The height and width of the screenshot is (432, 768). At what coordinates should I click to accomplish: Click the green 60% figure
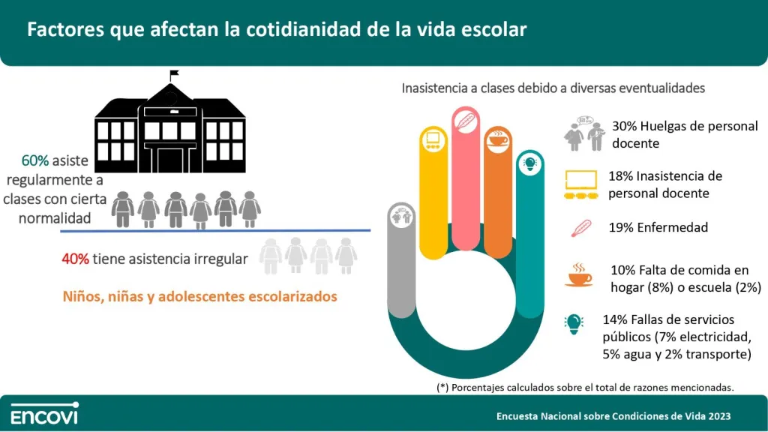tap(34, 160)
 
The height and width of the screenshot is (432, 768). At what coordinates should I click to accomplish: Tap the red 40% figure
tap(76, 259)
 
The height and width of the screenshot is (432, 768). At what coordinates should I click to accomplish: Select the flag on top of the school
tap(174, 74)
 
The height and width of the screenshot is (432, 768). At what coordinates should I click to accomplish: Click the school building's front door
tap(170, 160)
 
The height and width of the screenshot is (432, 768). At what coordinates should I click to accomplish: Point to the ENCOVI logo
tap(44, 413)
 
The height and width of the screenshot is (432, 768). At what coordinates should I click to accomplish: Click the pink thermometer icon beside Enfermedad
tap(581, 228)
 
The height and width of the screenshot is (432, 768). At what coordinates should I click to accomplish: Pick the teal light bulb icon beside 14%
tap(574, 324)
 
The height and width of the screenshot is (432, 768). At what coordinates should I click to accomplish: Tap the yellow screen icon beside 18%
tap(581, 184)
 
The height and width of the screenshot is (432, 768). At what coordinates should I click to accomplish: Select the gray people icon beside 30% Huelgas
tap(585, 133)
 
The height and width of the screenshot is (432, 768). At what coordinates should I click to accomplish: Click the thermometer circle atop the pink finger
tap(465, 121)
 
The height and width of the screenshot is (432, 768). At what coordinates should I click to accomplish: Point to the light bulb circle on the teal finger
tap(530, 163)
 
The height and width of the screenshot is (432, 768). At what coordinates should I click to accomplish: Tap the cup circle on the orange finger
tap(498, 139)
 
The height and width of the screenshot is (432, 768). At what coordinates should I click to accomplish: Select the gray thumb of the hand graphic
tap(401, 260)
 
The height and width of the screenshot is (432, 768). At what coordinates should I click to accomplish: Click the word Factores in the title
tap(66, 29)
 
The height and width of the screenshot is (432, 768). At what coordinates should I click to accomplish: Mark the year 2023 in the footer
tap(718, 416)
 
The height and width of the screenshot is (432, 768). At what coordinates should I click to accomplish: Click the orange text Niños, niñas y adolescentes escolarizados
tap(199, 297)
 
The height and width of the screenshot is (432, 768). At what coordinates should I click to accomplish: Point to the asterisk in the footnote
tap(442, 387)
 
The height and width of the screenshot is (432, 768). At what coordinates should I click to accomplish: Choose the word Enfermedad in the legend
tap(673, 228)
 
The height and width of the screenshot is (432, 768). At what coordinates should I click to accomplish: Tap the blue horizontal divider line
tap(215, 230)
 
